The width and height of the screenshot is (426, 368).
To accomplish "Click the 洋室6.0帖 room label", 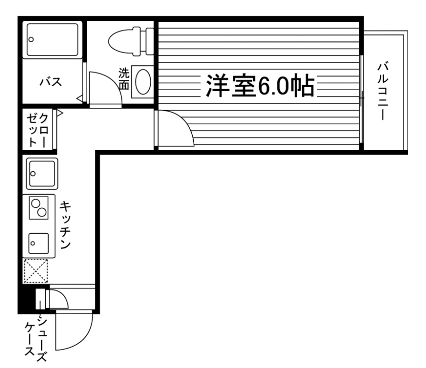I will coord(259,86).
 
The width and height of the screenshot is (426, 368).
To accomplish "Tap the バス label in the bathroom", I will coord(51,81).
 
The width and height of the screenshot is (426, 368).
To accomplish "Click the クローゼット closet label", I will coord(38,129).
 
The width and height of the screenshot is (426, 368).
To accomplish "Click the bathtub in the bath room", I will coord(52,40).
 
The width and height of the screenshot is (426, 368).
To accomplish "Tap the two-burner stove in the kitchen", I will coord(39,207).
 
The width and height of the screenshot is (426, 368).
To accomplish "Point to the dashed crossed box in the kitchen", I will coord(36,271).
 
